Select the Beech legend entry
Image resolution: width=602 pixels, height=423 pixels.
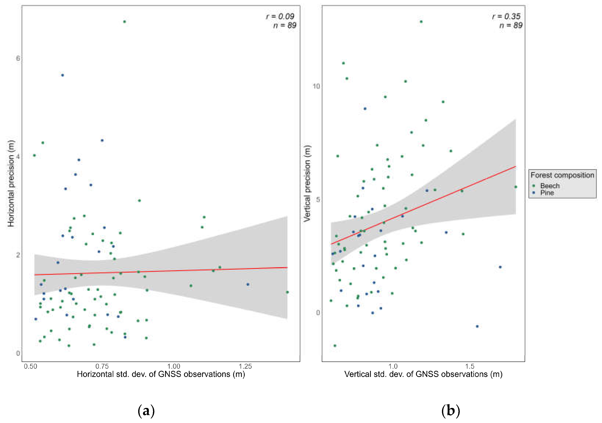click(550, 186)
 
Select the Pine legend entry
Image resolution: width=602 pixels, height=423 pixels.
click(547, 193)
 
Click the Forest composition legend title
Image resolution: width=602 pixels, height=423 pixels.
click(562, 175)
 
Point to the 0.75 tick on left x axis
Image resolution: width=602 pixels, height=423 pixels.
click(102, 366)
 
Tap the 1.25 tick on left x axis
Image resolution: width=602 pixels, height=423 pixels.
click(245, 366)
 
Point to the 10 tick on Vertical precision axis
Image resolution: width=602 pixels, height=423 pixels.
click(316, 86)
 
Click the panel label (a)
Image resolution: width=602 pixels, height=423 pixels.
click(146, 410)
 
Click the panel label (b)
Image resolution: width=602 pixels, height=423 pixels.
click(450, 410)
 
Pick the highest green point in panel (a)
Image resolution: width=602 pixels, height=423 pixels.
click(125, 22)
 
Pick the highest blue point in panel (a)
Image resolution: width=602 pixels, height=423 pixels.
click(62, 75)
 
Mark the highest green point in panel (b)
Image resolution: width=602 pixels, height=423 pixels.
click(421, 22)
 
